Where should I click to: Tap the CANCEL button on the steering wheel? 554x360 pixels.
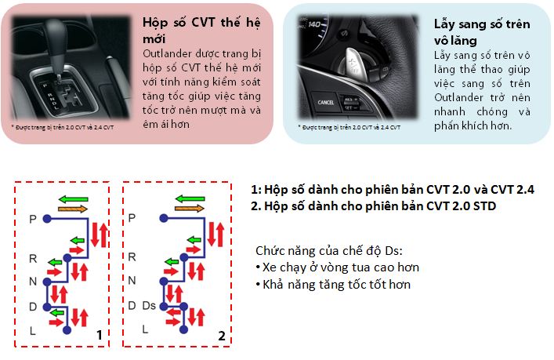pos(325,102)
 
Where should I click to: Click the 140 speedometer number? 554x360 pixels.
pos(314,24)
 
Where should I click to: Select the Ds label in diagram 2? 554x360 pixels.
pos(149,306)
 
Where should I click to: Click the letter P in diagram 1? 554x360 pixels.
pos(33,220)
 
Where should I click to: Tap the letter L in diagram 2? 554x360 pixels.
pos(145,329)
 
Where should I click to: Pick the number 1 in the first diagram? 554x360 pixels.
pos(100,335)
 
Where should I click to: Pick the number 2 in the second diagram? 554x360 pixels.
pos(222,336)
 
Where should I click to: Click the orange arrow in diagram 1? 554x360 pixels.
pos(73,209)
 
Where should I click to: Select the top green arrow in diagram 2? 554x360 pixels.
pos(190,198)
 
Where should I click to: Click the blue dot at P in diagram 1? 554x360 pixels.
pos(47,219)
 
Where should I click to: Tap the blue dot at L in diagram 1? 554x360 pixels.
pos(67,330)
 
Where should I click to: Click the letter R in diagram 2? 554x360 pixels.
pos(132,256)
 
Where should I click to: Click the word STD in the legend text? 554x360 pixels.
pos(484,205)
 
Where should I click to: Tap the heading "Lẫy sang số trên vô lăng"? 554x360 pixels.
pos(482,32)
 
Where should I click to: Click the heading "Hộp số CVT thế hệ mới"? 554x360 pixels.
pos(201,31)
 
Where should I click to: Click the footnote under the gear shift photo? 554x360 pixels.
pos(63,127)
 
